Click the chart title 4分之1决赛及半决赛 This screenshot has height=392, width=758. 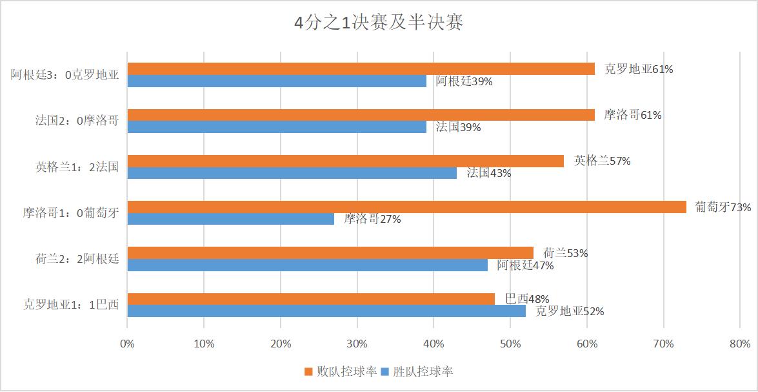click(x=379, y=23)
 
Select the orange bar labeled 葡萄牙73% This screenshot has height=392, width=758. click(x=406, y=207)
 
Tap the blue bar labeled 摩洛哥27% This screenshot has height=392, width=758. click(x=230, y=219)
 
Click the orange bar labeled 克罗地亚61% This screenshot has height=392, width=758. click(x=361, y=68)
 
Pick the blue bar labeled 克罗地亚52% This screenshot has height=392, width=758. click(x=326, y=311)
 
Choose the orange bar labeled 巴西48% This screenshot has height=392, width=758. click(x=311, y=299)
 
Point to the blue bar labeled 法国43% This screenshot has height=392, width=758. click(x=292, y=173)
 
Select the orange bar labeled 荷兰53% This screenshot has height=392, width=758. click(x=330, y=253)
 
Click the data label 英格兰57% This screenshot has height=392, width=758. click(x=603, y=161)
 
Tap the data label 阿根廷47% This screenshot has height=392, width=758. click(x=525, y=265)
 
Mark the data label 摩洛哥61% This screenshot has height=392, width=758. click(x=633, y=115)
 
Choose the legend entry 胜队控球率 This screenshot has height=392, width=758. click(x=417, y=372)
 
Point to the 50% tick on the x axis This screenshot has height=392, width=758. click(x=510, y=344)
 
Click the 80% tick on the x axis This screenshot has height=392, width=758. click(x=740, y=344)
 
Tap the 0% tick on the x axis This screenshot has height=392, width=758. click(x=128, y=344)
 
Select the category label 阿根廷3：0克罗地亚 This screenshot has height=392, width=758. click(x=65, y=75)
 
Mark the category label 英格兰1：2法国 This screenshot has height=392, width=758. click(x=77, y=167)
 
